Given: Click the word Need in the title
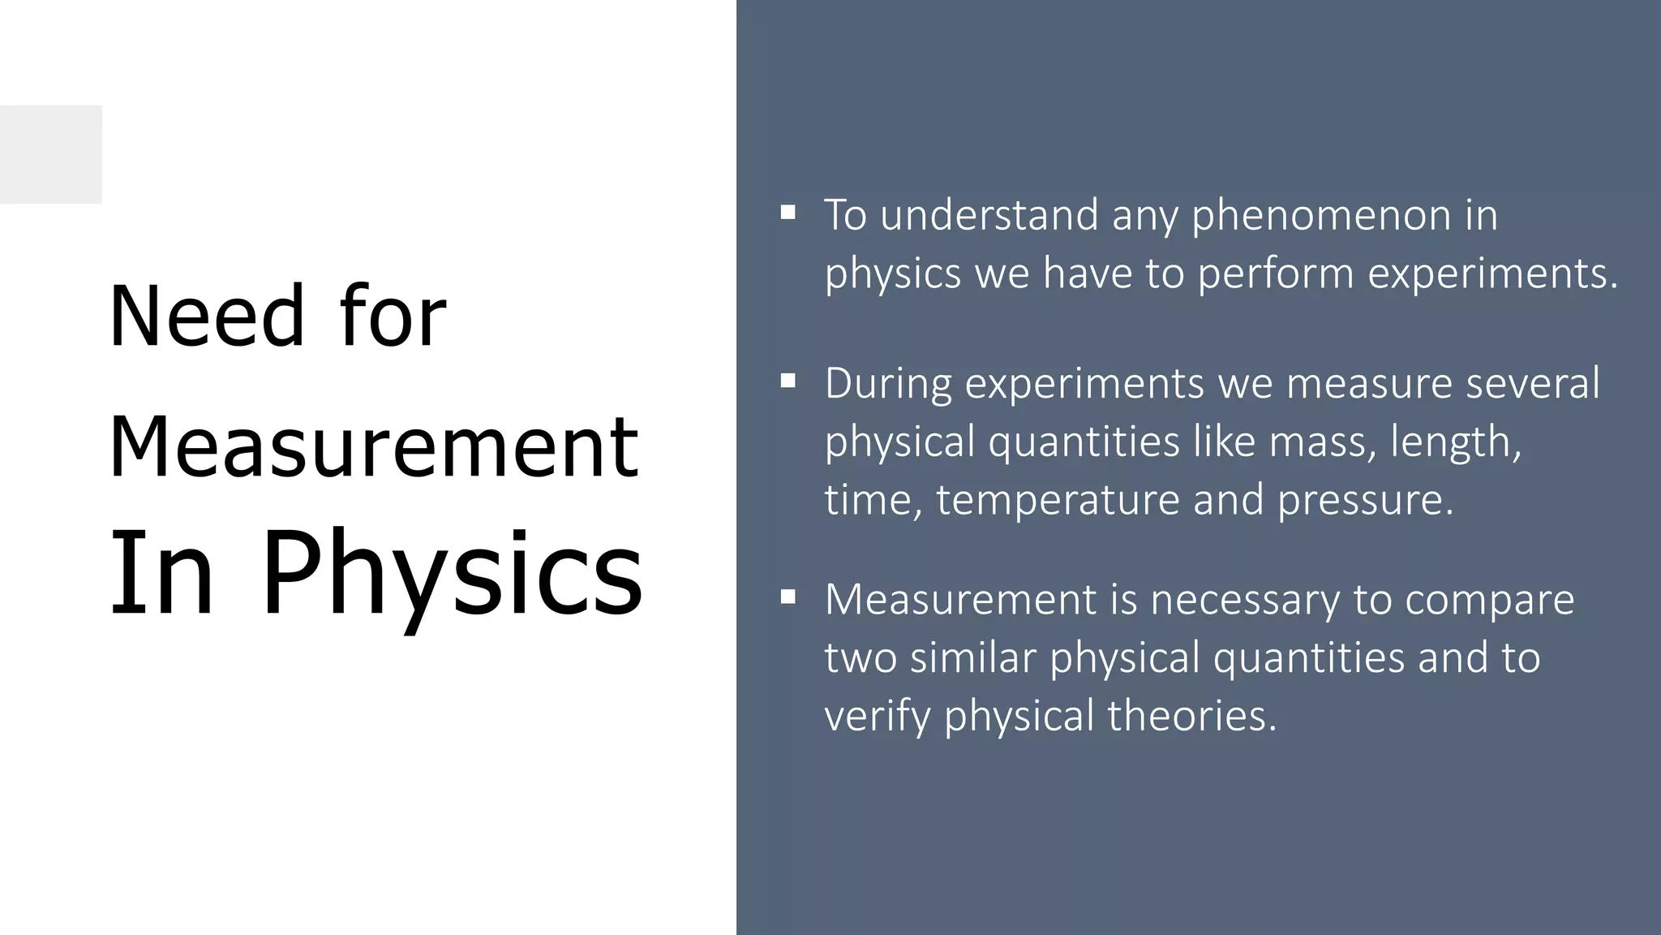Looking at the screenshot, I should point(206,317).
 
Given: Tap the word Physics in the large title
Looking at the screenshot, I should point(451,572).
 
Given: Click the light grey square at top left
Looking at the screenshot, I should point(50,154).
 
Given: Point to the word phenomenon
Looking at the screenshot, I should point(1321,216).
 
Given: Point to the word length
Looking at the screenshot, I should point(1456,442).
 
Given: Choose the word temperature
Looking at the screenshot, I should point(1058,500).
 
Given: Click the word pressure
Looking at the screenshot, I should point(1366,500).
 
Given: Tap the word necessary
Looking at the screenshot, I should point(1245,601).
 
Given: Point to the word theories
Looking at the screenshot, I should point(1191,716).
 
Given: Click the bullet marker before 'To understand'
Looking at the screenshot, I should point(788,213).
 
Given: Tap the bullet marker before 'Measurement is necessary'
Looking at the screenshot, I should point(788,598).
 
